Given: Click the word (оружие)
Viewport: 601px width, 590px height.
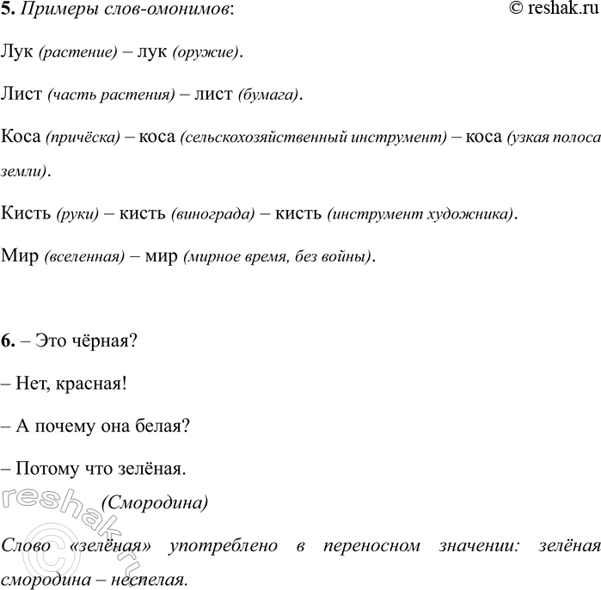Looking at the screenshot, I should (206, 53).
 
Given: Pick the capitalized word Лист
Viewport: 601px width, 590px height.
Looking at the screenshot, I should (21, 94).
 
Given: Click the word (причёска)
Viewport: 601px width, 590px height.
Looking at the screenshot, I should (83, 137).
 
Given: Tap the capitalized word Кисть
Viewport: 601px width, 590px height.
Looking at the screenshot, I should (26, 213).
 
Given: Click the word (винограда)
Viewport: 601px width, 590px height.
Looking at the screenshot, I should (213, 214).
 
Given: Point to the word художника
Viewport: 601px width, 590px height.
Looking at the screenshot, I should (476, 214).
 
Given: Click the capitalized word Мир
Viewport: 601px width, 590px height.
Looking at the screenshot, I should (20, 255).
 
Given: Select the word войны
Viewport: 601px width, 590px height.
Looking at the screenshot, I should (350, 256).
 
